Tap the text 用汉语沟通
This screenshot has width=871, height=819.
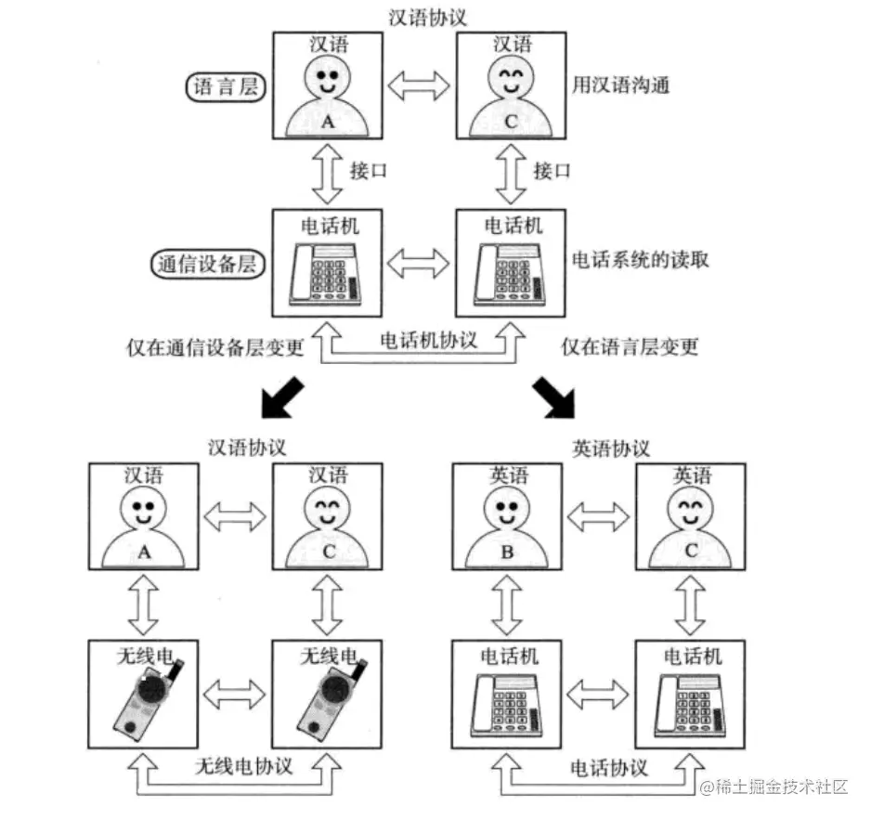point(621,85)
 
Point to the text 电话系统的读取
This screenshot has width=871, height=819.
point(640,260)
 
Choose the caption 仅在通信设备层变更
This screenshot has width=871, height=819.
point(215,347)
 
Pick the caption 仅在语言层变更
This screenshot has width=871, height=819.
point(630,347)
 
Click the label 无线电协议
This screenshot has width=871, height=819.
point(243,767)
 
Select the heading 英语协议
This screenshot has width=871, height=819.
point(610,448)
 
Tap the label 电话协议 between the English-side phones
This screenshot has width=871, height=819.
point(609,769)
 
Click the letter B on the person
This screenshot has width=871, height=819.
point(507,550)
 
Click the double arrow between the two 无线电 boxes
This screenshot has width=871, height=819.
point(232,692)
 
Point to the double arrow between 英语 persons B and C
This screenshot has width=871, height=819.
point(599,513)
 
